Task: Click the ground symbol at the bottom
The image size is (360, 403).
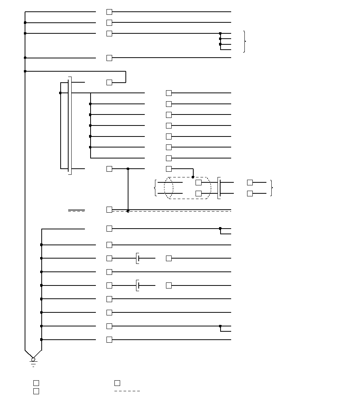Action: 33,364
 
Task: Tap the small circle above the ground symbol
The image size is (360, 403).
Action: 33,359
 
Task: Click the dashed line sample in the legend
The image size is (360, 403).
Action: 127,391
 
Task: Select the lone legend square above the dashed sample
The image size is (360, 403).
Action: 117,383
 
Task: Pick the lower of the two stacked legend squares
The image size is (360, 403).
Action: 36,391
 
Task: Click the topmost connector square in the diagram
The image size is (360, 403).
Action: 110,12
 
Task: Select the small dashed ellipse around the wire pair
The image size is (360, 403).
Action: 169,188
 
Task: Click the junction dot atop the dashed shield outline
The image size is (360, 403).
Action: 193,177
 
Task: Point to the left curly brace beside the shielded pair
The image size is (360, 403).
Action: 155,188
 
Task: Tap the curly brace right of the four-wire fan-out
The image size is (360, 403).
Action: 245,41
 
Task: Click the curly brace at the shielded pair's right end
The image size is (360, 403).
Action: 272,188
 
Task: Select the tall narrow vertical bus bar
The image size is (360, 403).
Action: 70,125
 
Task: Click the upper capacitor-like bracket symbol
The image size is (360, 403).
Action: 138,258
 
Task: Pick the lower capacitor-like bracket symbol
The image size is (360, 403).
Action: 138,285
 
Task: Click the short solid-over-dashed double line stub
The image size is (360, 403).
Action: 77,210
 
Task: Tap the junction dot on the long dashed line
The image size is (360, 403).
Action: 128,211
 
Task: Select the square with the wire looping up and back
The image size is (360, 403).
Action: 110,82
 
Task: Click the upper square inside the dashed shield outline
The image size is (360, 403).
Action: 199,182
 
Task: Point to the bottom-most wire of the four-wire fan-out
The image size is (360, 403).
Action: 226,50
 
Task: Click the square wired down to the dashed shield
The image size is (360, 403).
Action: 169,169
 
